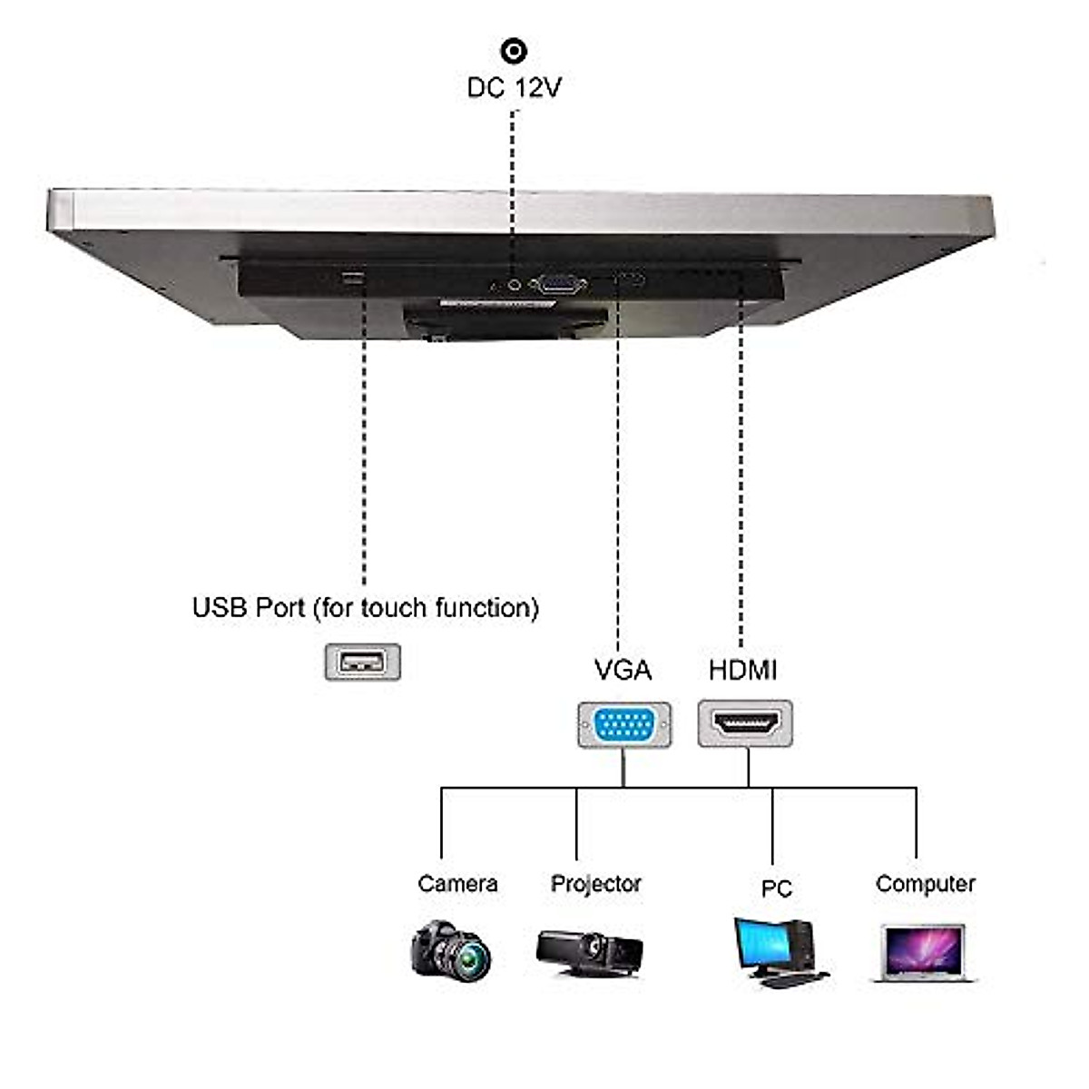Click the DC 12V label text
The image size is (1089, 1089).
coord(514,88)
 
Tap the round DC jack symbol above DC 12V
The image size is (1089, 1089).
coord(514,51)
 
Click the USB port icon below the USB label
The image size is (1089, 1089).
coord(362,662)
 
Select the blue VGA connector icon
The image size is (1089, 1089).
coord(624,725)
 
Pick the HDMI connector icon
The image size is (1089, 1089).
coord(745,723)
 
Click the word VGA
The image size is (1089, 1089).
coord(623,671)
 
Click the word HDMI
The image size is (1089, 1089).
coord(742,671)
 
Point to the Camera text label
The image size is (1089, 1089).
coord(457,884)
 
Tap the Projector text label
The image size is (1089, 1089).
coord(595,884)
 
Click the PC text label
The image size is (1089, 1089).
coord(776,888)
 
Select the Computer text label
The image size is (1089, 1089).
coord(925,884)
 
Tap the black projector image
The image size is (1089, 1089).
coord(589,951)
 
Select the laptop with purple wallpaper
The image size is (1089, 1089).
coord(923,951)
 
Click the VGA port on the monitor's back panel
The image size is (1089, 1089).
coord(557,285)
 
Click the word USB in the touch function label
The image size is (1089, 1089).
coord(217,607)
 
